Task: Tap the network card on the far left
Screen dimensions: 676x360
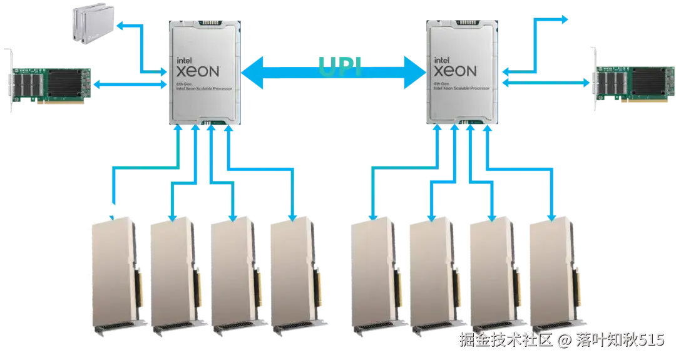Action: point(53,81)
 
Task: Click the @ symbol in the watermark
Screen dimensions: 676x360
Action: point(563,341)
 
